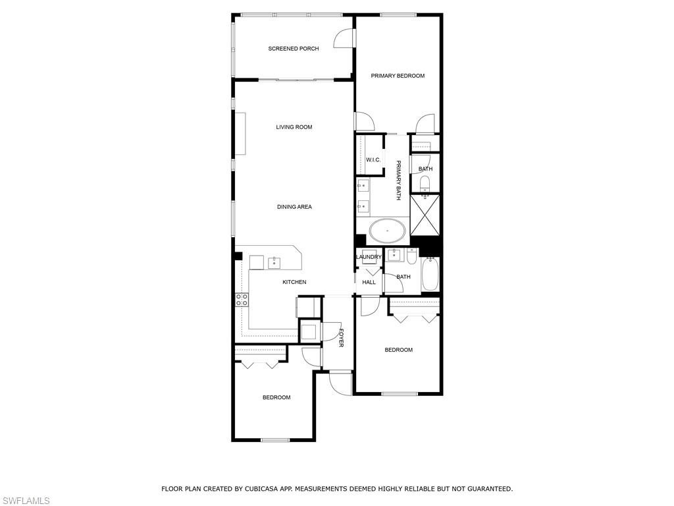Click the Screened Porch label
pyautogui.click(x=294, y=49)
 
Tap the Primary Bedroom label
pyautogui.click(x=398, y=76)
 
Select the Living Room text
pyautogui.click(x=294, y=127)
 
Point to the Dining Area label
pyautogui.click(x=294, y=207)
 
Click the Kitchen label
pyautogui.click(x=294, y=282)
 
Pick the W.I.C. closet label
pyautogui.click(x=373, y=160)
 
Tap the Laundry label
pyautogui.click(x=369, y=257)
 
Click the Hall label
pyautogui.click(x=369, y=282)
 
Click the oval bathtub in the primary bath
pyautogui.click(x=387, y=231)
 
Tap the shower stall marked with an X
pyautogui.click(x=425, y=215)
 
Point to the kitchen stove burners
pyautogui.click(x=242, y=300)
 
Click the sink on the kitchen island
pyautogui.click(x=274, y=263)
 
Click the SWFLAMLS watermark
pyautogui.click(x=25, y=501)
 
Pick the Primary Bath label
pyautogui.click(x=398, y=180)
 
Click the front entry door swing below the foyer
pyautogui.click(x=341, y=383)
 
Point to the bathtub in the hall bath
pyautogui.click(x=430, y=274)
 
